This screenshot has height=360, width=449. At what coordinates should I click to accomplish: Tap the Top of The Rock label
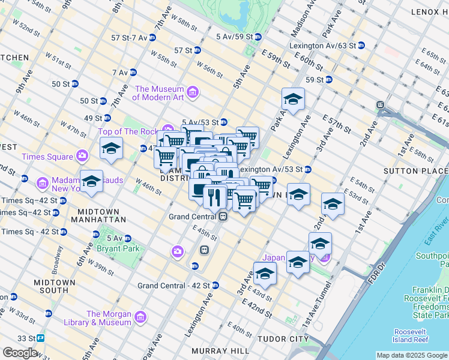point(127,131)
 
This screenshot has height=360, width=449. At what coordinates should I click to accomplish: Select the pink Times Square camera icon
point(82,157)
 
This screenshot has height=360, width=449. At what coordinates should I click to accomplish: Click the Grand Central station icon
point(223,217)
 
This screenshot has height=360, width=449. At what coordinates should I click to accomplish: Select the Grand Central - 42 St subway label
point(172,286)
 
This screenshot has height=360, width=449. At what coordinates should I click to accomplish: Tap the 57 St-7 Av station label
point(129,37)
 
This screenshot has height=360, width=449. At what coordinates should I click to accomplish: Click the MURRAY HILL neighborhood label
point(217,350)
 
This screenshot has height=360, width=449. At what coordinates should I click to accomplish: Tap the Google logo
point(20,353)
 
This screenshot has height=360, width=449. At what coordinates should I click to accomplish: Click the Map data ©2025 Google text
point(411,355)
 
